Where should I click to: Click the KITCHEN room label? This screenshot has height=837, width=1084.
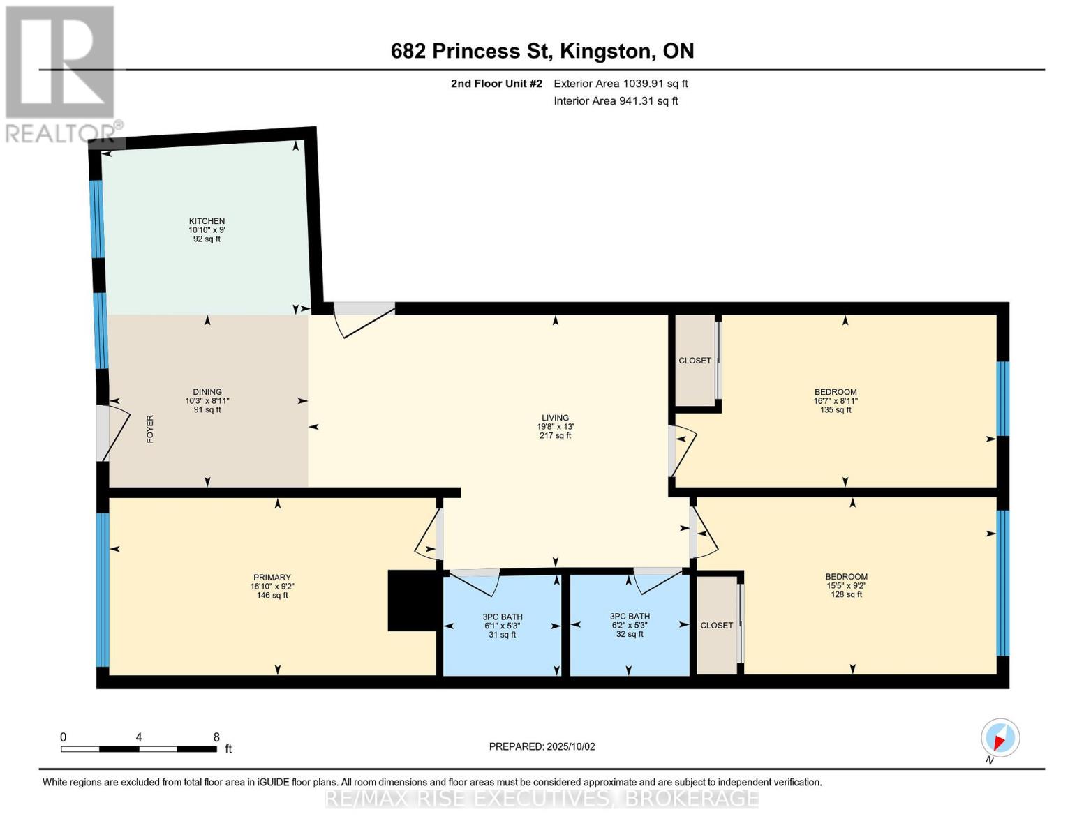pos(207,221)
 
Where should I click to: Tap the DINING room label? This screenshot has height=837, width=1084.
pos(207,392)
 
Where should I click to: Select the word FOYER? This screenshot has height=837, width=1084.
pos(149,429)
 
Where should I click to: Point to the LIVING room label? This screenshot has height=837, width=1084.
pos(555,418)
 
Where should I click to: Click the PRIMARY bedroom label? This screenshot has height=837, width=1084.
pos(272,578)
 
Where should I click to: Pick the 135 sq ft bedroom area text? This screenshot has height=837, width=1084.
pos(836,410)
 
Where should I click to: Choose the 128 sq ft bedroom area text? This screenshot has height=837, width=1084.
pos(846,595)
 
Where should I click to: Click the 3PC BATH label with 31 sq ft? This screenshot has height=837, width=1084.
pos(502,617)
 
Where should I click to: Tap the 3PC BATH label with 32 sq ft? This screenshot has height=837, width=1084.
pos(630,617)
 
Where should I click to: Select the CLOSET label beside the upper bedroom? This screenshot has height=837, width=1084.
pos(695,361)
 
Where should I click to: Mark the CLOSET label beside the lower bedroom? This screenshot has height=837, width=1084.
pos(717,626)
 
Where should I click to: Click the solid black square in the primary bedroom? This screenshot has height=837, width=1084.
pos(412,601)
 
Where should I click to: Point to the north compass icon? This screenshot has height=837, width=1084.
pos(1000,738)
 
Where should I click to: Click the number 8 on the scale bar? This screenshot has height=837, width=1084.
pos(216,737)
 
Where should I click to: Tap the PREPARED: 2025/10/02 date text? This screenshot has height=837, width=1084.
pos(542,746)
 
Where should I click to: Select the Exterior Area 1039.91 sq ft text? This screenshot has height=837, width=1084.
pos(621,84)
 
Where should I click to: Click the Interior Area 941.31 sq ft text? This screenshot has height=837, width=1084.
pos(616,101)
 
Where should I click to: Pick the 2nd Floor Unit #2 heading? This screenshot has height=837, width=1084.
pos(496,84)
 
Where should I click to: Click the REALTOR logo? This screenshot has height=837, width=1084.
pos(61,73)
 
